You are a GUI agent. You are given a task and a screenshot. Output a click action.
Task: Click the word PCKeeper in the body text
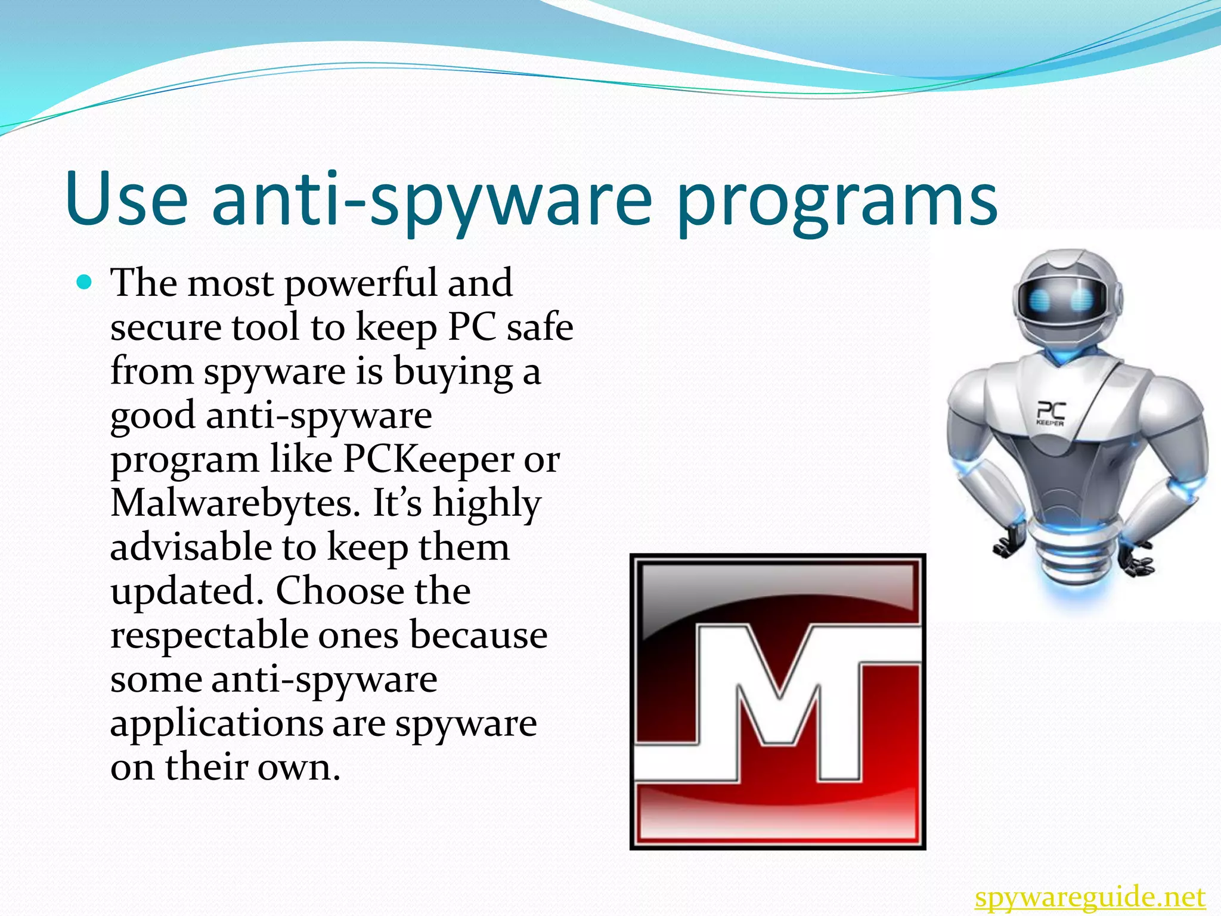[x=427, y=459]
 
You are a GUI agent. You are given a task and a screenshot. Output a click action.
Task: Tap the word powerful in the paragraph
[x=361, y=284]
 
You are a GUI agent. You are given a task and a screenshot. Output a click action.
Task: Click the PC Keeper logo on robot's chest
[x=1050, y=413]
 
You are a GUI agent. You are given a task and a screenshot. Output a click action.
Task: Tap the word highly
[x=486, y=505]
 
